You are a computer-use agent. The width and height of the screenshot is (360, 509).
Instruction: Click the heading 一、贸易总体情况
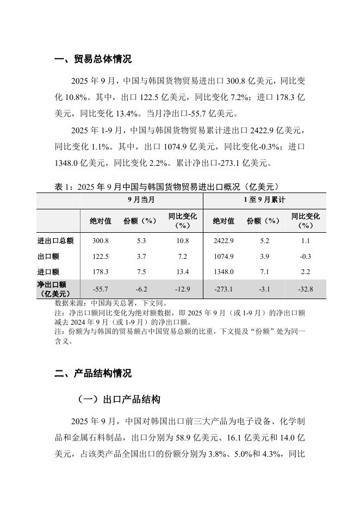[x=93, y=59]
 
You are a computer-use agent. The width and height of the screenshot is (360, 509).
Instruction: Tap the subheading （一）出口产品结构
[x=118, y=399]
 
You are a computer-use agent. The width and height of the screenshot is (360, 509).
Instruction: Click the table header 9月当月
[x=141, y=200]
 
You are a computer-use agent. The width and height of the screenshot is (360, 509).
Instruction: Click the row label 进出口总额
[x=55, y=240]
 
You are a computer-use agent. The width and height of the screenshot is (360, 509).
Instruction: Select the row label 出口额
[x=48, y=256]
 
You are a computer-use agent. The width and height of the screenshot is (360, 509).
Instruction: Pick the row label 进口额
[x=48, y=272]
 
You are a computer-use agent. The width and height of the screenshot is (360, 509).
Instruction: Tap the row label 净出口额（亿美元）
[x=52, y=289]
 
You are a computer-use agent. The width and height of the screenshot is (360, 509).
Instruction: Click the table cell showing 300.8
[x=101, y=240]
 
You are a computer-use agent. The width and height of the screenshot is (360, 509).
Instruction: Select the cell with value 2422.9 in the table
[x=224, y=240]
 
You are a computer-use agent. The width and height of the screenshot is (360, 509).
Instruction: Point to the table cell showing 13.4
[x=182, y=272]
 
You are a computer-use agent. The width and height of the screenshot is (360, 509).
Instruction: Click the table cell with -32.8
[x=305, y=289]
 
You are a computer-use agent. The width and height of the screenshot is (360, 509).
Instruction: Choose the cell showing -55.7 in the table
[x=101, y=289]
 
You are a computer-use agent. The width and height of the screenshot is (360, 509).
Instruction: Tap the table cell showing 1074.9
[x=224, y=256]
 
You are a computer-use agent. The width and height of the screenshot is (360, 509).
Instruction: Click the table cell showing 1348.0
[x=224, y=272]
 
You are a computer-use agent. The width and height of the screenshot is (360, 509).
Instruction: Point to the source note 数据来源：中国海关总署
[x=115, y=303]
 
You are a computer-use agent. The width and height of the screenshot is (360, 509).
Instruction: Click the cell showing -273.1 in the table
[x=224, y=289]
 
